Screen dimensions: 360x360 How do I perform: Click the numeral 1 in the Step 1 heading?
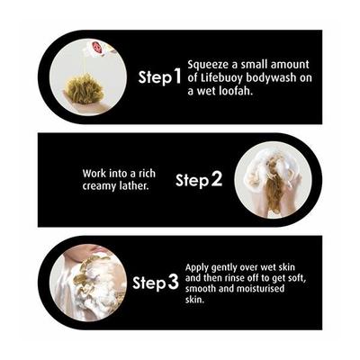coord(177,76)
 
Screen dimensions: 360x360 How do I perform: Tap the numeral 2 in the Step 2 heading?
coord(216,179)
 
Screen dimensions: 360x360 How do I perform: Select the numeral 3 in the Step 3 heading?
coord(173,283)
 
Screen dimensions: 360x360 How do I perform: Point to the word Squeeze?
coord(207,66)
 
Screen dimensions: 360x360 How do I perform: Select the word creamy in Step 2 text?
coord(99,186)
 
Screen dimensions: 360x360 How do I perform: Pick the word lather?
coord(134,185)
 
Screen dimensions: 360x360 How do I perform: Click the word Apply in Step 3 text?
coord(197,267)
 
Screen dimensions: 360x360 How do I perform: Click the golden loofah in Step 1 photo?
coord(85,89)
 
